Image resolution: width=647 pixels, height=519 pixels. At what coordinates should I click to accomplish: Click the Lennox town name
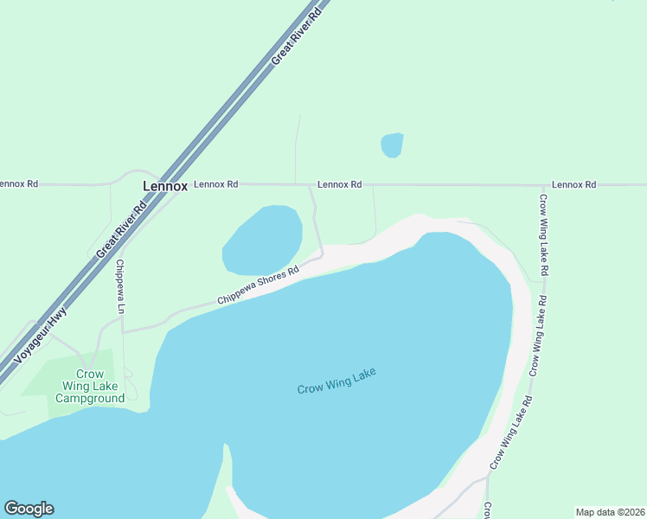click(x=164, y=186)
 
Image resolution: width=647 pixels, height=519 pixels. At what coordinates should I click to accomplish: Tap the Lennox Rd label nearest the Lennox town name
click(x=215, y=184)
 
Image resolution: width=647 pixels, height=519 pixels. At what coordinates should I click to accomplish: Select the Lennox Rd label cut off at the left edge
click(x=19, y=183)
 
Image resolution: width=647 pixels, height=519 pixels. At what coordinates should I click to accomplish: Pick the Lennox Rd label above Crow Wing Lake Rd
click(x=574, y=184)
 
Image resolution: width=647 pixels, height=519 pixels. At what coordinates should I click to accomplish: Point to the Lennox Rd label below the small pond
click(x=339, y=184)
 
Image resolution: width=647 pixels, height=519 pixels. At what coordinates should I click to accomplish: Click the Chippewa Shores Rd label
click(x=258, y=285)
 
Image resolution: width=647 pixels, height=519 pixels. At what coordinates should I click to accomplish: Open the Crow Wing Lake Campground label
click(x=90, y=386)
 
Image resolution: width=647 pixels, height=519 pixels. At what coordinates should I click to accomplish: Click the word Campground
click(x=90, y=398)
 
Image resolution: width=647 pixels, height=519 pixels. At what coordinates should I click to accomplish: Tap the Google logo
click(x=29, y=509)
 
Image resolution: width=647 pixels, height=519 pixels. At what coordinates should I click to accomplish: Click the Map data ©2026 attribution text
click(x=609, y=511)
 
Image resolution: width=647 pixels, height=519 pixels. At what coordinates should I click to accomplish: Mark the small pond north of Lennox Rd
click(x=392, y=145)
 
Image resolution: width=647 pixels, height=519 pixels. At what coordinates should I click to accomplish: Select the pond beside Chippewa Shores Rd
click(x=262, y=240)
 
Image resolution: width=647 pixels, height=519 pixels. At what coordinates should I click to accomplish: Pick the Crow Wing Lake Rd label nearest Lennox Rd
click(x=544, y=235)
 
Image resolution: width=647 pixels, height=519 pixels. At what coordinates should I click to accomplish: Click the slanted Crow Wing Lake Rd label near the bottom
click(x=512, y=432)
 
